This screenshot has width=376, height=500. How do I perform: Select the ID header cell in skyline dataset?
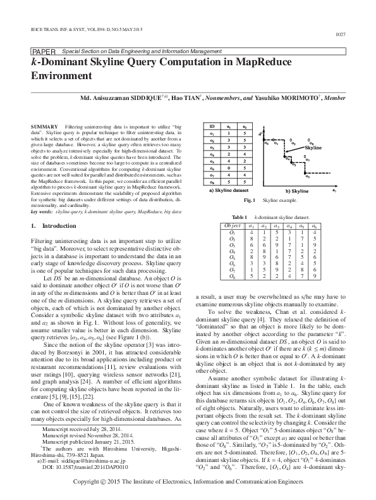212,127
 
